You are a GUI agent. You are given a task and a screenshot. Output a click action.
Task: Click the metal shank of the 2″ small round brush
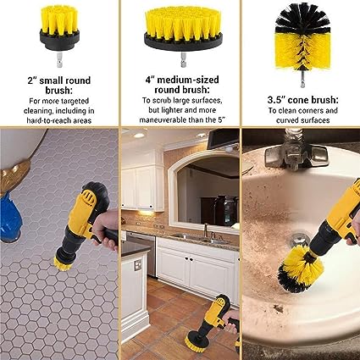(59, 60)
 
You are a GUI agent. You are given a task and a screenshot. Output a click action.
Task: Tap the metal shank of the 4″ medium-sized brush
(183, 59)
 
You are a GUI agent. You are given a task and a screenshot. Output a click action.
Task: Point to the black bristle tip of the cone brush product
(302, 18)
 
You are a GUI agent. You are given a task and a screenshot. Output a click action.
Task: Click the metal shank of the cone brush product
(302, 80)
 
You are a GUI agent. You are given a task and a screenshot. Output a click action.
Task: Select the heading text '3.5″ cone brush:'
(302, 100)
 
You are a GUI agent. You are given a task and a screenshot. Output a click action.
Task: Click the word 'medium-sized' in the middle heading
(188, 80)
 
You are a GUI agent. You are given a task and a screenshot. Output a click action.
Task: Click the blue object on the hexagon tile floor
(10, 218)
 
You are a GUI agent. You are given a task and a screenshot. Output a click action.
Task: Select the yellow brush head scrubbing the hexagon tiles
(62, 263)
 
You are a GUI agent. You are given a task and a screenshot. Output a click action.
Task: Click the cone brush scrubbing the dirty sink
(301, 269)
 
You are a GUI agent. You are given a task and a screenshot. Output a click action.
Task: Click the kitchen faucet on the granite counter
(206, 230)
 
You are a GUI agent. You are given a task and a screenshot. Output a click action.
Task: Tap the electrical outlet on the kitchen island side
(137, 265)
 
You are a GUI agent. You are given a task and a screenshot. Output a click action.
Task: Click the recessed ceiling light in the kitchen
(139, 136)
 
